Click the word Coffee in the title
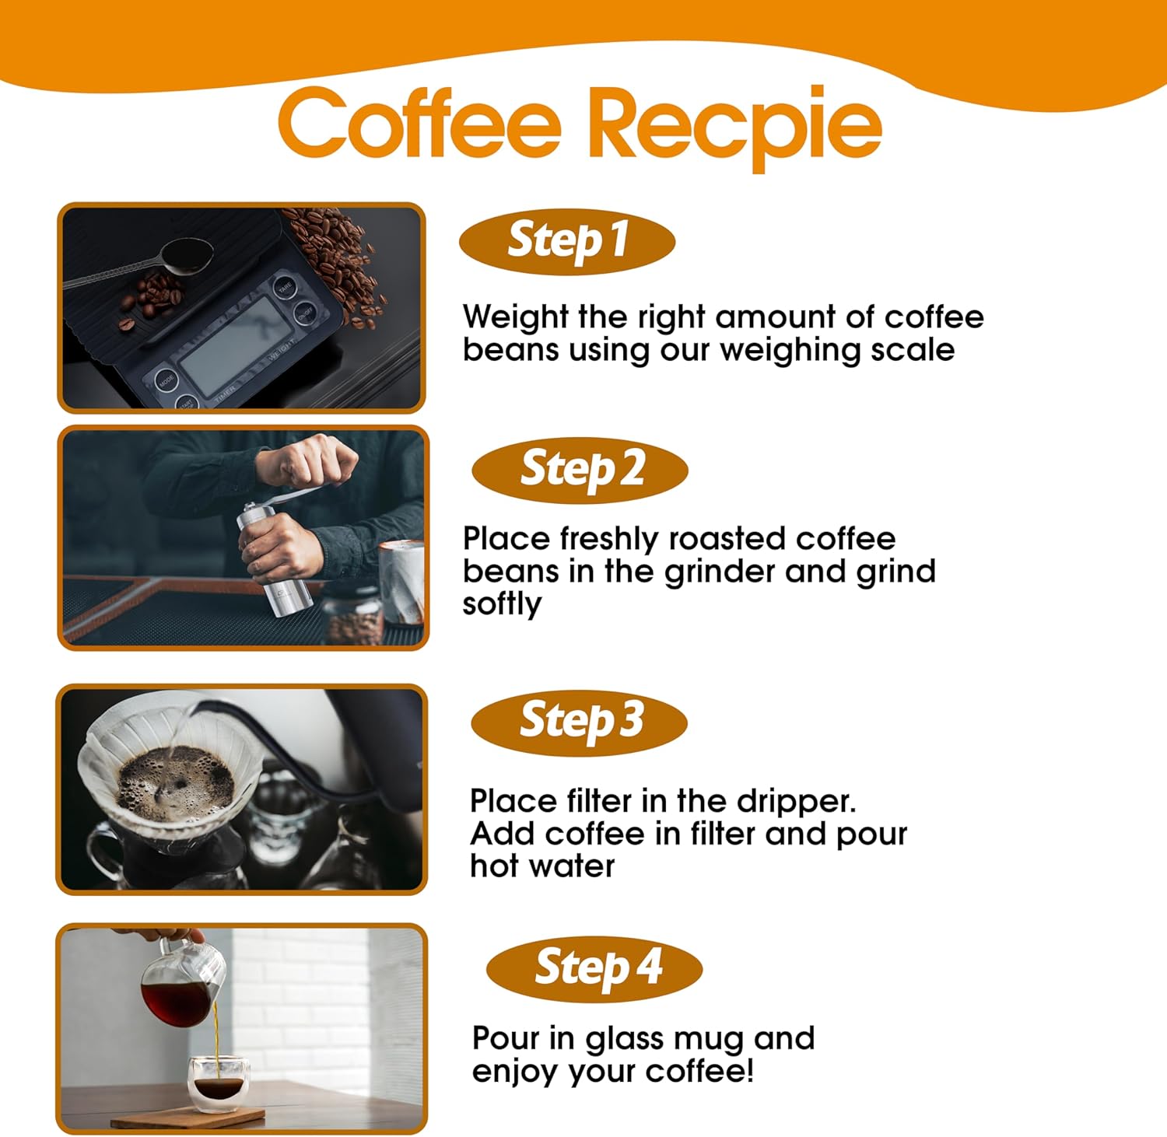pos(419,121)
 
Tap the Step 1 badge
pos(567,241)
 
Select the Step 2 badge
pos(580,471)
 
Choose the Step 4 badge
pos(594,969)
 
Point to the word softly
pos(502,605)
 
